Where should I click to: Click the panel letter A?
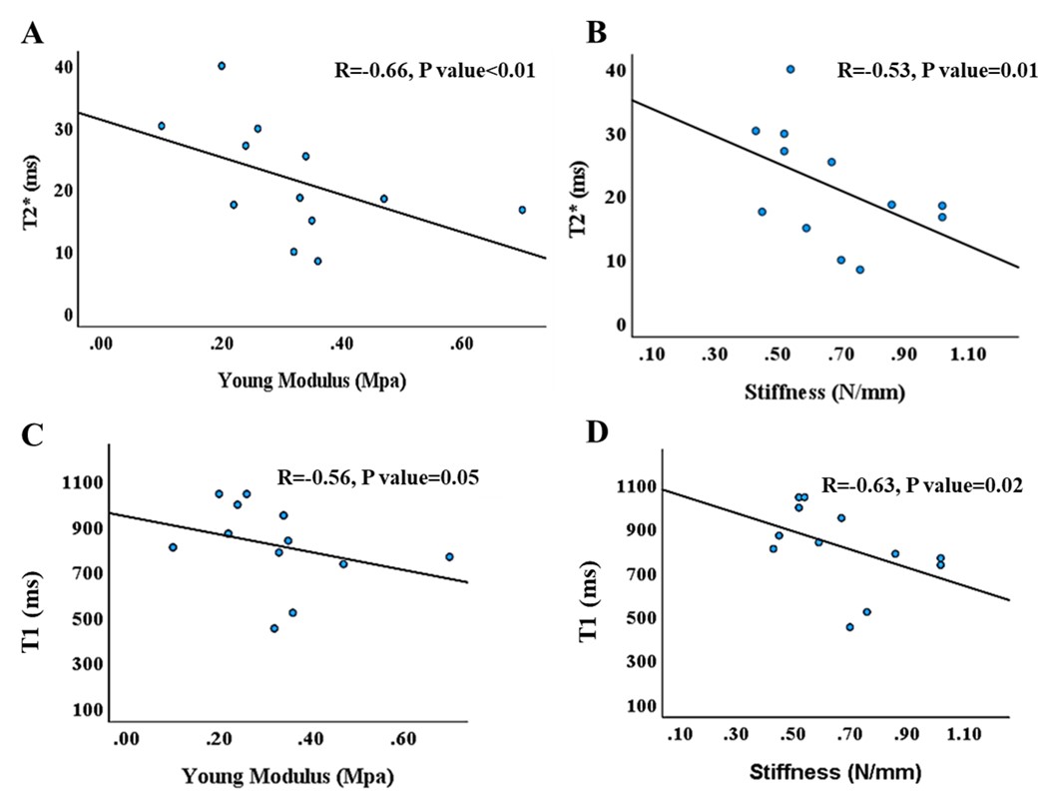pyautogui.click(x=32, y=32)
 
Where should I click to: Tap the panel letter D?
pyautogui.click(x=597, y=432)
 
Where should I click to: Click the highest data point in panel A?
pyautogui.click(x=222, y=66)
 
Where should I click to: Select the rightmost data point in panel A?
pyautogui.click(x=522, y=210)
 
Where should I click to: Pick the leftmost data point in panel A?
pyautogui.click(x=162, y=126)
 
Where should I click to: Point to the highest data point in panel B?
pyautogui.click(x=791, y=69)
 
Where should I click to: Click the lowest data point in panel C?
pyautogui.click(x=273, y=628)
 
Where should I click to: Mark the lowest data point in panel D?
pyautogui.click(x=849, y=627)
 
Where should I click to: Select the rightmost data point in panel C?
pyautogui.click(x=449, y=556)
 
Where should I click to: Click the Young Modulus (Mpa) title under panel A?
pyautogui.click(x=312, y=382)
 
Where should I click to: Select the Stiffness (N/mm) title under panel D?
pyautogui.click(x=835, y=771)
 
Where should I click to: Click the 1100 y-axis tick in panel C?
pyautogui.click(x=81, y=482)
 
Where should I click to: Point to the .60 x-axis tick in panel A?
pyautogui.click(x=461, y=344)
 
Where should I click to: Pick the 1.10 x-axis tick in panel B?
pyautogui.click(x=967, y=355)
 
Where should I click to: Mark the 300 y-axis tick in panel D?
pyautogui.click(x=641, y=662)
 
